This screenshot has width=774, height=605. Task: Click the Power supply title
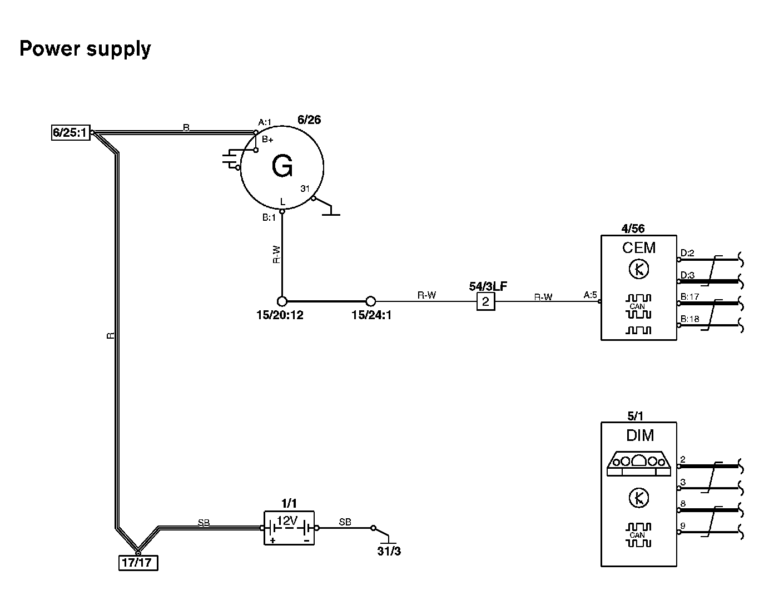[85, 49]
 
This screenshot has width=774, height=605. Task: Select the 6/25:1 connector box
[70, 132]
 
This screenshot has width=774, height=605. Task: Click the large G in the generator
[282, 166]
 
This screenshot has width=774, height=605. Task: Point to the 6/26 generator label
[309, 120]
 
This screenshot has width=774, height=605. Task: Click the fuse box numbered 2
[486, 301]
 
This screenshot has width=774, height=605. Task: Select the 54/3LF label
[488, 286]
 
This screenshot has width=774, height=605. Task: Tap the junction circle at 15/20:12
[282, 301]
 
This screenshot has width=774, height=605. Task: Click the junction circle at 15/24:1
[371, 301]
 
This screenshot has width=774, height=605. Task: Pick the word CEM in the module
[639, 247]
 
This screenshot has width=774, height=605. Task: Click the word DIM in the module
[640, 435]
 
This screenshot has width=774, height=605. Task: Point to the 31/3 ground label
[389, 551]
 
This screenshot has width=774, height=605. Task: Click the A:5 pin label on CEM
[590, 295]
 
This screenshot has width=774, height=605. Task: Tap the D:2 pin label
[687, 254]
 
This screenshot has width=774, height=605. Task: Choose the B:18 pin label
[689, 319]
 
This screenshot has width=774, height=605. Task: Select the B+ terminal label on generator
[267, 140]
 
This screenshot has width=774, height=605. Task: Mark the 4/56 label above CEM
[633, 229]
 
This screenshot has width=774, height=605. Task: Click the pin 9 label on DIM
[683, 525]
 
